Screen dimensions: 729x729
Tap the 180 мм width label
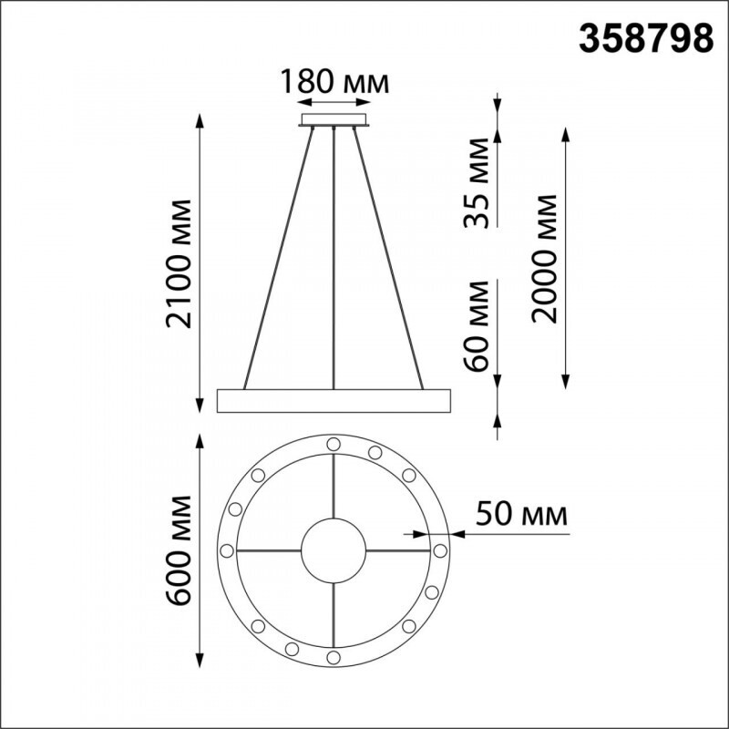(x=334, y=82)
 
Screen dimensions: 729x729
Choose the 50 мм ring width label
(x=522, y=514)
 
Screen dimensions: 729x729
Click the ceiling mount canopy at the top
(x=334, y=119)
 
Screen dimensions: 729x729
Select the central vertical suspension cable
(x=334, y=255)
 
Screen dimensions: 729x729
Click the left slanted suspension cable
(x=277, y=255)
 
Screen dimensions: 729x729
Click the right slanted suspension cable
(x=392, y=255)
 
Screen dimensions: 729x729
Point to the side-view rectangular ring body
(x=334, y=399)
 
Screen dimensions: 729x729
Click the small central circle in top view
(x=334, y=550)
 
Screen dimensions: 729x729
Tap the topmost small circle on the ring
(x=334, y=443)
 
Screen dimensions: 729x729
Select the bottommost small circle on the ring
(x=334, y=657)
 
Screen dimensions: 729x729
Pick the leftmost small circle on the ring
(x=226, y=550)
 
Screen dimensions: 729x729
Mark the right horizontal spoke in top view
(x=398, y=550)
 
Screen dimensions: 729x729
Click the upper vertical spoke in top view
(x=334, y=487)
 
